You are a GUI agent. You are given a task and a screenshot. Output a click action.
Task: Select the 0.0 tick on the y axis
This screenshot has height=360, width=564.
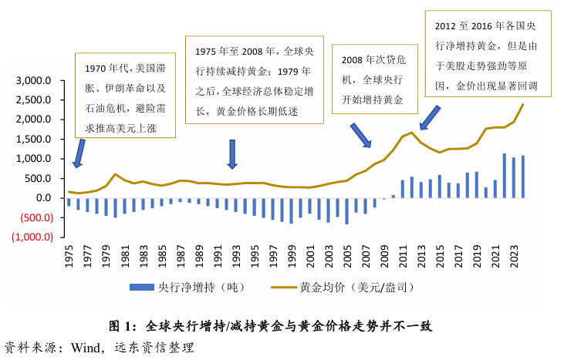tap(43, 198)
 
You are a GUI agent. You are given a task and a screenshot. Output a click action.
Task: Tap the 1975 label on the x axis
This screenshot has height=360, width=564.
tap(69, 259)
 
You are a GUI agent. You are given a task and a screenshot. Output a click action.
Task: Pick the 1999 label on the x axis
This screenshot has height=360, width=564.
tap(291, 259)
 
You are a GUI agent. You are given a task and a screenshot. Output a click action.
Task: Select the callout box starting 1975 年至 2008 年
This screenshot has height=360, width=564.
tap(252, 80)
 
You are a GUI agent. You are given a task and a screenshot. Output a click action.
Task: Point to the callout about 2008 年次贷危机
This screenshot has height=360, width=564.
tap(373, 79)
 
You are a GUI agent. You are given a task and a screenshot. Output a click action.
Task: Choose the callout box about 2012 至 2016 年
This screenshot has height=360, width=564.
tap(488, 54)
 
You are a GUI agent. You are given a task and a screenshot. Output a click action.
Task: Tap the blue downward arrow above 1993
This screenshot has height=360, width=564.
tap(232, 153)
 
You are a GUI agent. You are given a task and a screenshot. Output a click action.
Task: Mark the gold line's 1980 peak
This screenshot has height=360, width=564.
tap(115, 174)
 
